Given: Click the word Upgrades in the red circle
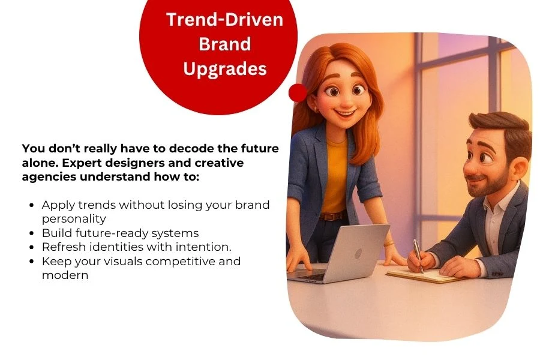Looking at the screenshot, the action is [x=225, y=69].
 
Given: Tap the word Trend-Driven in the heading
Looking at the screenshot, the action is [x=225, y=19].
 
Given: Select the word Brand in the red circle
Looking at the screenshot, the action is [x=225, y=44].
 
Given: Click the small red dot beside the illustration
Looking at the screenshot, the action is [x=298, y=92].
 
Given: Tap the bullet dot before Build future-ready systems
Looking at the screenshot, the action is [x=32, y=233].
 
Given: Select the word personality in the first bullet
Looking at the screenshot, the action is [x=74, y=219].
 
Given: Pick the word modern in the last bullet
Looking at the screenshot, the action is [x=65, y=275].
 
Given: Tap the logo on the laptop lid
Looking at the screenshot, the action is [x=358, y=254].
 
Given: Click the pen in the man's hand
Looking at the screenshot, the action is [x=418, y=256].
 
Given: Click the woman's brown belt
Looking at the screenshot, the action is [x=332, y=217].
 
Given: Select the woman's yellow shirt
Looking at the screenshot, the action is [x=334, y=176].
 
